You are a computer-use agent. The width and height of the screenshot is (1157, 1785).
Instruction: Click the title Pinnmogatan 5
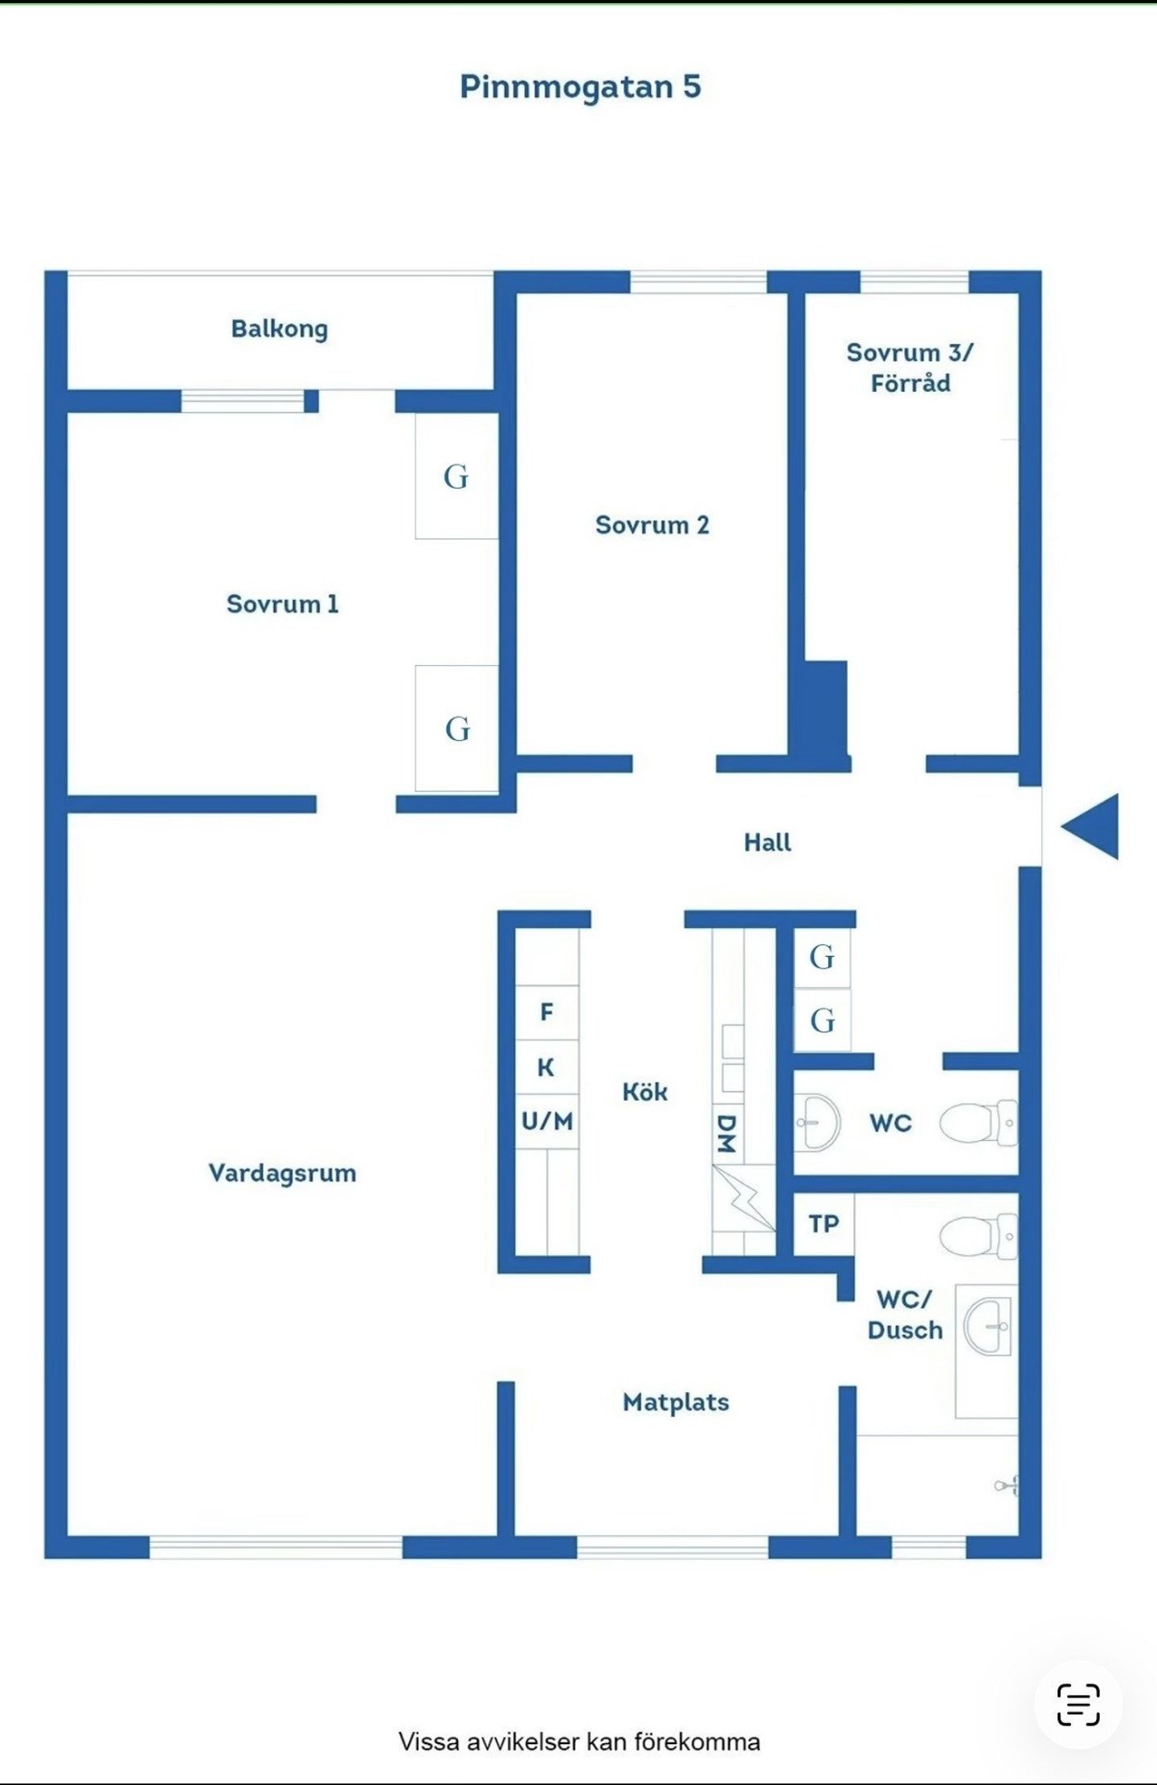pos(580,87)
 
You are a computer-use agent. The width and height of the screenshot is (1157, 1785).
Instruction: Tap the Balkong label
pos(280,329)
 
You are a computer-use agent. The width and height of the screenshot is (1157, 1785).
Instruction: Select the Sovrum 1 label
pos(283,603)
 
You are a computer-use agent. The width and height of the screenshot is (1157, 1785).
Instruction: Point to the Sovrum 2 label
pos(652,525)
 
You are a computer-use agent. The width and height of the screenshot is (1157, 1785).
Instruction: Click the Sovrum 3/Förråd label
pos(910,367)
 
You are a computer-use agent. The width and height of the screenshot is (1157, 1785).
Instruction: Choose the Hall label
pos(767,842)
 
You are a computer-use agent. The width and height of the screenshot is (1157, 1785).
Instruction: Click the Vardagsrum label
pos(283,1173)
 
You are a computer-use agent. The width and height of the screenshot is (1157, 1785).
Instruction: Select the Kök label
pos(645,1092)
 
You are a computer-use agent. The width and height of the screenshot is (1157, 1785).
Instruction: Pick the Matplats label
pos(677,1402)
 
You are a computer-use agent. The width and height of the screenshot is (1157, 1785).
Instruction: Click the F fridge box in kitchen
pos(547,1012)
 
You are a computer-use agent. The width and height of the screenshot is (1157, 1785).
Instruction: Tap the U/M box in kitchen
pos(547,1121)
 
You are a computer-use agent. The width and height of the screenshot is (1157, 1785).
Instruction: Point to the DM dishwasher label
pos(726,1133)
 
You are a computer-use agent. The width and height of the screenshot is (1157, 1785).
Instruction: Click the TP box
pos(824,1223)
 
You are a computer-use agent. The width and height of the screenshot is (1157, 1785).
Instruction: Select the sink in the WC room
pos(818,1122)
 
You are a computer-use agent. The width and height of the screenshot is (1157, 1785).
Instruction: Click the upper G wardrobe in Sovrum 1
pos(456,476)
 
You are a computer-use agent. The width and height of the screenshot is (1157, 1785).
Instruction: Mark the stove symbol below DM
pos(744,1198)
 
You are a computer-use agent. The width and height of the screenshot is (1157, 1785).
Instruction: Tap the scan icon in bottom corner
pos(1078,1704)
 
